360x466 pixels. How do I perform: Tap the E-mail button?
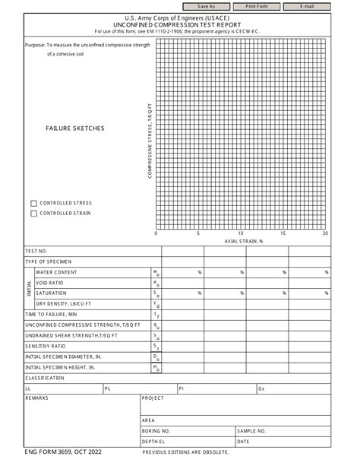[307, 5]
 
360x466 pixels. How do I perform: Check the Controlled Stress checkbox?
[33, 203]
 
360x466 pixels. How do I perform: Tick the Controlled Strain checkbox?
[33, 214]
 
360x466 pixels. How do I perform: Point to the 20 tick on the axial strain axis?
[325, 233]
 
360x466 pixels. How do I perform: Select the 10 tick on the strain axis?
[241, 233]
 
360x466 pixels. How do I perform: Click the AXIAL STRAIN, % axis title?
[243, 241]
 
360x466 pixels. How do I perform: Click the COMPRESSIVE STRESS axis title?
[150, 142]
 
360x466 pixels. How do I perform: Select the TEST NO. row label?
[37, 251]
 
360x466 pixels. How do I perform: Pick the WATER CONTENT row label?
[57, 272]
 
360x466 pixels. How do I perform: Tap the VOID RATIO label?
[52, 283]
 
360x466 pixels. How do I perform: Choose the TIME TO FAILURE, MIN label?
[52, 314]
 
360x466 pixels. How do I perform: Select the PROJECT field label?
[153, 398]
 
